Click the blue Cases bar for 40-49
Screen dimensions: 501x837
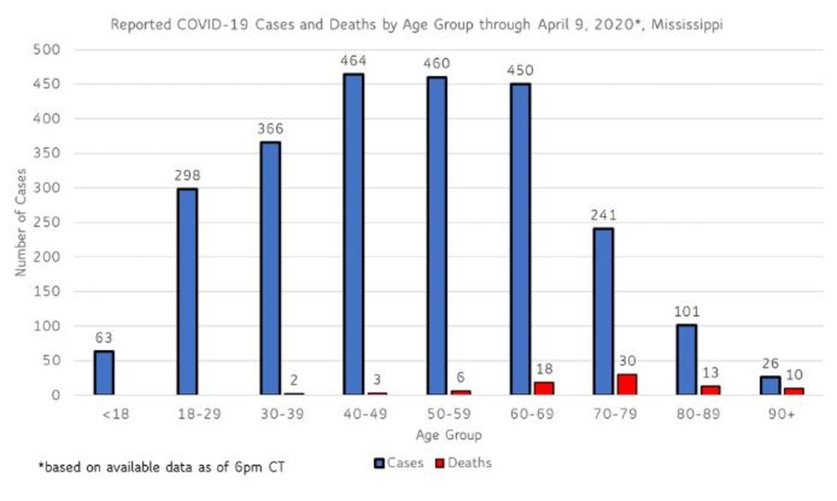point(354,234)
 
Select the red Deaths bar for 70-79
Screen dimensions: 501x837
point(627,384)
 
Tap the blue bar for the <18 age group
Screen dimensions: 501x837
point(104,373)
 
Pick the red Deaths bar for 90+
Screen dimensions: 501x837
point(793,391)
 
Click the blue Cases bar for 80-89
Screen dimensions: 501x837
point(686,359)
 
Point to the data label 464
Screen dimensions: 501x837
point(353,61)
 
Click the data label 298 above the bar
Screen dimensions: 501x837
point(187,176)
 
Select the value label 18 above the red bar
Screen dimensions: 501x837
point(543,369)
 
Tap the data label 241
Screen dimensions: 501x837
point(602,215)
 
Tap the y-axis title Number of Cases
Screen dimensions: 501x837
point(20,222)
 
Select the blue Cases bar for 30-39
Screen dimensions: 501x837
point(271,268)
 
